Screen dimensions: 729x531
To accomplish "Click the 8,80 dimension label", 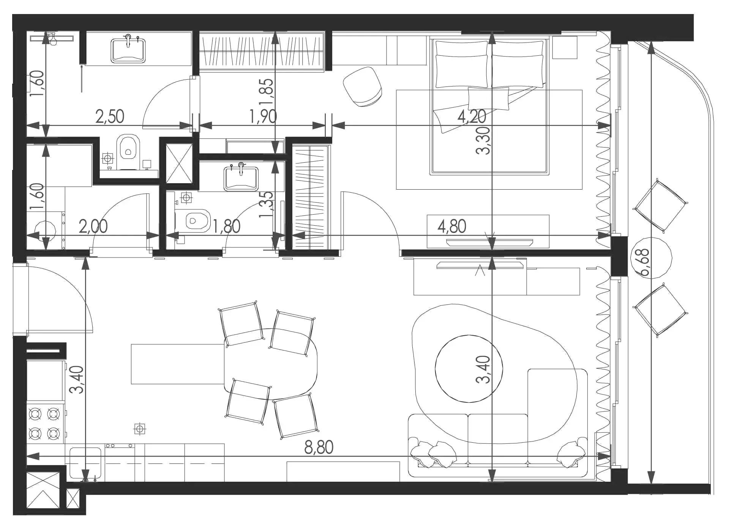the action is pos(319,448).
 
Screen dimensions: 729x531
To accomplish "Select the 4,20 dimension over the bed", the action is pos(472,116).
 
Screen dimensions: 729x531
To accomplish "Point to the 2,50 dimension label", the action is pos(110,116).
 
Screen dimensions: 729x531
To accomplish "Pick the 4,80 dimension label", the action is pos(452,226).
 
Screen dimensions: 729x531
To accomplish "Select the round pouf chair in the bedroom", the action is pos(362,87).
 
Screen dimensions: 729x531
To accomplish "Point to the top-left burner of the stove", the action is pos(35,413).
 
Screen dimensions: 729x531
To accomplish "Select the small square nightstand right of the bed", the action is pos(565,47).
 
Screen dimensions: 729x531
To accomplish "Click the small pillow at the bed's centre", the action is pos(488,99).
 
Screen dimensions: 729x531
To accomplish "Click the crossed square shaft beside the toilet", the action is pos(179,164).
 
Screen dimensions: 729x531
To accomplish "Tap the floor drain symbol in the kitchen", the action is pos(140,429).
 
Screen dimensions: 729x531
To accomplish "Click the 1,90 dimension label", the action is pos(263,116).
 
